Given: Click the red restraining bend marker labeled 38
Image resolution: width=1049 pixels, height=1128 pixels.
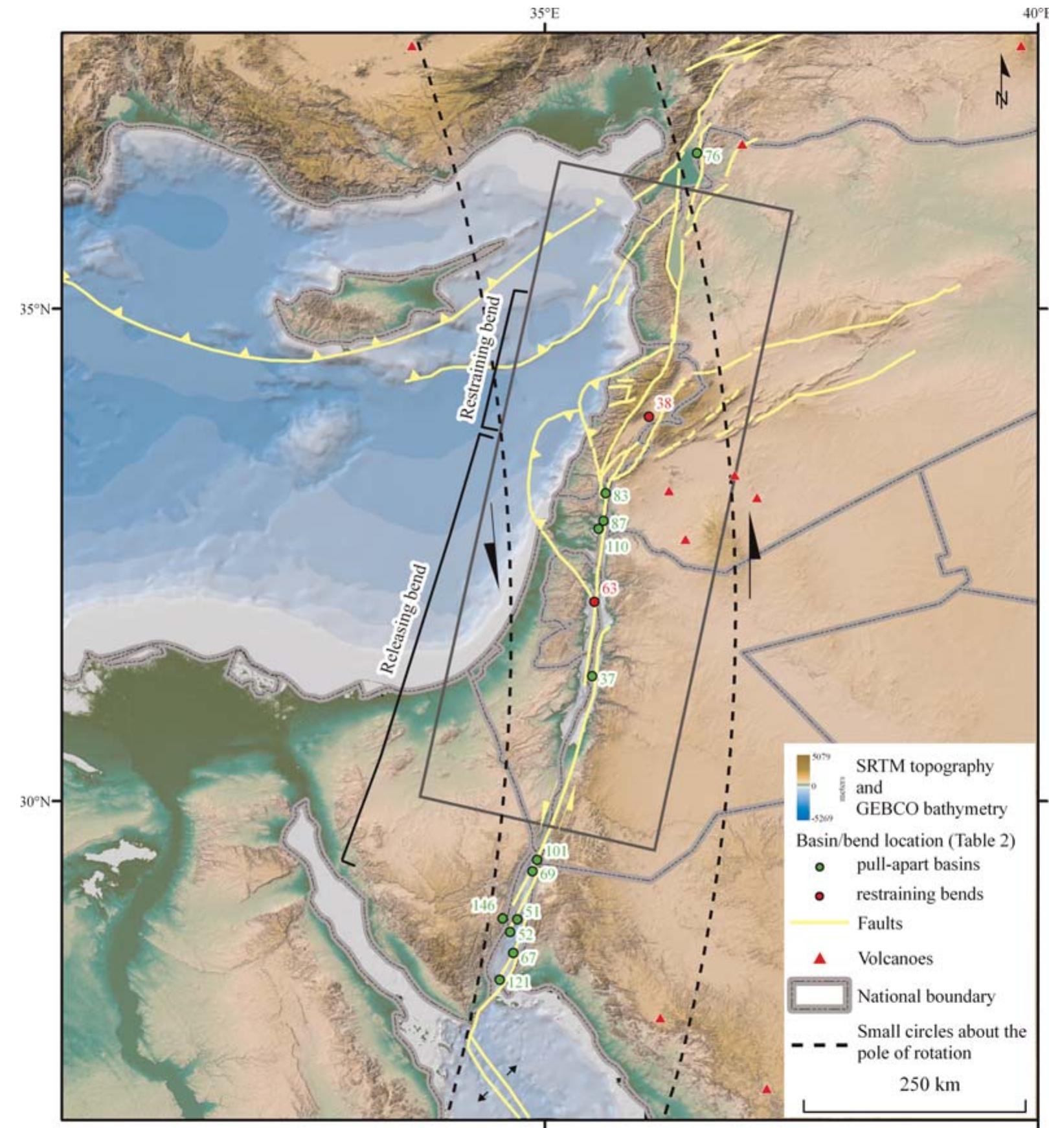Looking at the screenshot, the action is tap(649, 416).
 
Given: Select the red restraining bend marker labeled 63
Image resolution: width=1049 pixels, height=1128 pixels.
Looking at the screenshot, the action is tap(594, 602).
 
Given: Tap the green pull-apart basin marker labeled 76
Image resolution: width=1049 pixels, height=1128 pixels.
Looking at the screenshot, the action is tap(697, 153).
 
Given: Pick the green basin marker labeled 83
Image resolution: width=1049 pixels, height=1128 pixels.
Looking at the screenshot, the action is tap(605, 493).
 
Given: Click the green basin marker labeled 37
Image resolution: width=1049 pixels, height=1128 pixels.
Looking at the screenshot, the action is tap(592, 676).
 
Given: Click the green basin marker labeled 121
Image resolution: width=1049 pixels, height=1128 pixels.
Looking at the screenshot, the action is tap(499, 980).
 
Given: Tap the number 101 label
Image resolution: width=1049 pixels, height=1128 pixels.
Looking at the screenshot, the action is tap(556, 850).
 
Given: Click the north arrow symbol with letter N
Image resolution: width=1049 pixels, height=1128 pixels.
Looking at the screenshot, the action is tap(1004, 82).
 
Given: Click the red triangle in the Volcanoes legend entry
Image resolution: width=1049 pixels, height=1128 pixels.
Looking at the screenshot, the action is tap(820, 959).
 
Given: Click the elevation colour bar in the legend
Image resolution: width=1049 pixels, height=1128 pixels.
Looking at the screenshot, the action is tap(803, 787).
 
